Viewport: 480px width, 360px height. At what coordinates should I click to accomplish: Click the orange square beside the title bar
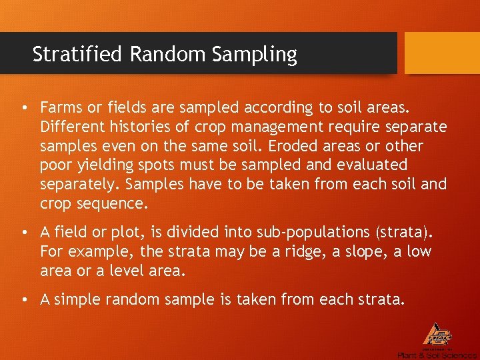click(442, 53)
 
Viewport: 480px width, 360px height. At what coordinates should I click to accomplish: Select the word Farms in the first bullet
click(59, 107)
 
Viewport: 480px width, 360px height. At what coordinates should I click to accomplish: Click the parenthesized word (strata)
click(405, 233)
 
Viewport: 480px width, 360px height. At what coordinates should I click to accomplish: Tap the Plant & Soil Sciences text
click(437, 355)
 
